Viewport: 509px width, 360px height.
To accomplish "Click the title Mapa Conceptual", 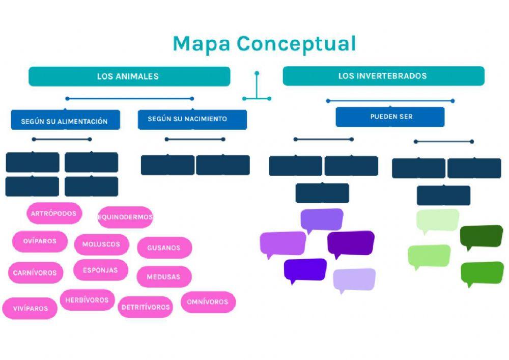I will pos(264,44).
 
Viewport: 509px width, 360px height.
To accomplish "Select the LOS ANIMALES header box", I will pos(129,76).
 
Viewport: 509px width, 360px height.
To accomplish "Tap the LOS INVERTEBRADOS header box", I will pos(383,76).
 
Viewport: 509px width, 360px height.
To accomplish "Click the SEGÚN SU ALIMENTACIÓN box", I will pos(65,121).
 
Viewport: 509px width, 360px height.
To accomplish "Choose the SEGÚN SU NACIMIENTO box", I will pos(192,119).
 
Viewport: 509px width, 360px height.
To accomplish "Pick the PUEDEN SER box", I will pos(390,117).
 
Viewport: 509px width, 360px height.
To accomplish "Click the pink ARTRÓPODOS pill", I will pos(54,213).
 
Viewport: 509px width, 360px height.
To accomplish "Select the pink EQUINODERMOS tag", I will pos(125,217).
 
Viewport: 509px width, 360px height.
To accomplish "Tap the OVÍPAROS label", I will pos(40,241).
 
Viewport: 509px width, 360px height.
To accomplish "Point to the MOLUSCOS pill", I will pos(101,244).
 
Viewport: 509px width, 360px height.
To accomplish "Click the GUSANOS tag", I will pos(164,248).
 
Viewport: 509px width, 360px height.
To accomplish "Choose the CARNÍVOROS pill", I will pos(35,272).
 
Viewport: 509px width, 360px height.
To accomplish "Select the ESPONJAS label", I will pos(100,270).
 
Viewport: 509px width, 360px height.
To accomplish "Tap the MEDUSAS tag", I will pos(164,277).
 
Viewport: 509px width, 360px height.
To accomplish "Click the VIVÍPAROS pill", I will pos(30,308).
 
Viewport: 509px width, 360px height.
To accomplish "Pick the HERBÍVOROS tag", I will pos(87,300).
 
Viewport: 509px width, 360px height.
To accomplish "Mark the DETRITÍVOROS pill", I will pos(146,307).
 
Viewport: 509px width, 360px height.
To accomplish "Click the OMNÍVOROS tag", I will pos(208,301).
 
